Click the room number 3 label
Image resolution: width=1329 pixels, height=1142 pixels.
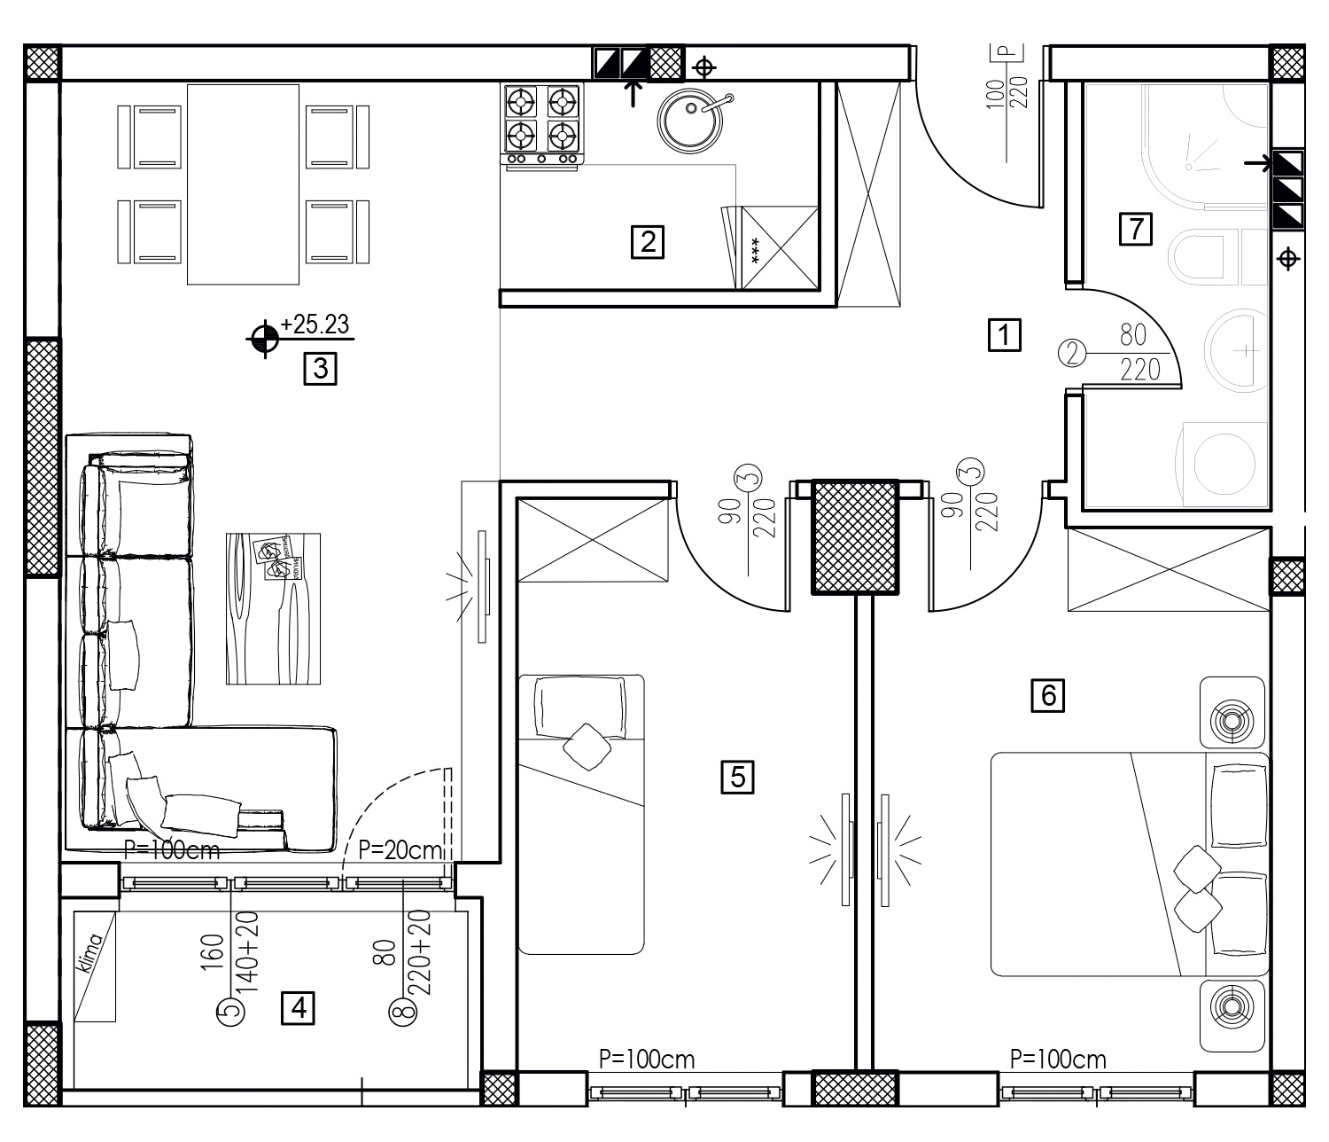click(320, 369)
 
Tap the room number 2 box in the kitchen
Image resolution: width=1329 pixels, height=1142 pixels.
click(647, 242)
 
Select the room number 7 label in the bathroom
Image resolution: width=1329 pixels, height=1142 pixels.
click(1136, 229)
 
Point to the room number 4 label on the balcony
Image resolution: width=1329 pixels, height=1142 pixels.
click(299, 1008)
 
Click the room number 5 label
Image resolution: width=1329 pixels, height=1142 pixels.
click(737, 778)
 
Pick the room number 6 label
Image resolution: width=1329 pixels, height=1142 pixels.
click(1048, 695)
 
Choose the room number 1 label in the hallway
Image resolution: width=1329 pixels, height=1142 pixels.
click(1005, 334)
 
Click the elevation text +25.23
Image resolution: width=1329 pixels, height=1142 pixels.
click(315, 325)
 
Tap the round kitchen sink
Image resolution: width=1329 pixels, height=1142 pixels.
click(690, 121)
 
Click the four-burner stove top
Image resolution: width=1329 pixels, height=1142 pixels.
click(542, 126)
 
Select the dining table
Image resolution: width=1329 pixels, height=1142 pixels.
click(243, 184)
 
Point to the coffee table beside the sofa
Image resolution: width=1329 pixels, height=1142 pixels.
click(273, 608)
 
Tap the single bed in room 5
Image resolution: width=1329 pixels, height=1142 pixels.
click(581, 815)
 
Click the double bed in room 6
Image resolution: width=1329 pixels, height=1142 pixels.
click(1130, 864)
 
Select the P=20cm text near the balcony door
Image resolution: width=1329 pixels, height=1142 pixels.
click(400, 850)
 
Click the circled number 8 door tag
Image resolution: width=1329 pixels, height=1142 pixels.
click(403, 1012)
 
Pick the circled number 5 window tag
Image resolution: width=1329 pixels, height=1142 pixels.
click(231, 1012)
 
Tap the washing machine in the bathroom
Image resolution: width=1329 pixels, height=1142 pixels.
click(1223, 463)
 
